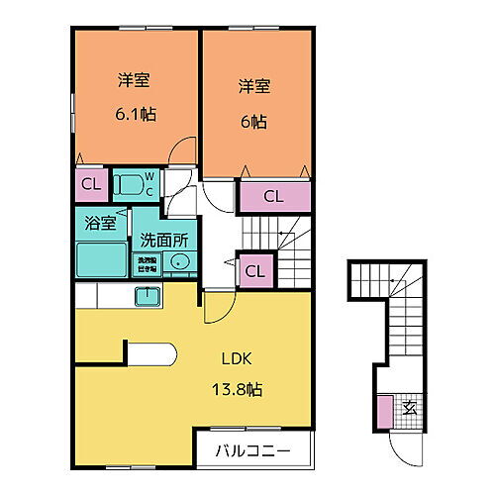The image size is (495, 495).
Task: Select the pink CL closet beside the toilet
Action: [x=89, y=183]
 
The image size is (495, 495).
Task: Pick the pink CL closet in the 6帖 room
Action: [x=272, y=196]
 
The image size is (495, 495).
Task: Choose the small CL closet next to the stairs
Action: [x=254, y=269]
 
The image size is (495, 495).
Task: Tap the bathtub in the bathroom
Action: [x=101, y=259]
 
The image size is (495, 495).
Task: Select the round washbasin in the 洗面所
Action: [x=178, y=262]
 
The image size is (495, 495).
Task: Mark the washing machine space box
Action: [x=145, y=264]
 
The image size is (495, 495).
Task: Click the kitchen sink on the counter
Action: [x=147, y=295]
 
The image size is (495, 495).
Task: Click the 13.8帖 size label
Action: [x=235, y=389]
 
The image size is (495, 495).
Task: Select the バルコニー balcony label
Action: [x=252, y=451]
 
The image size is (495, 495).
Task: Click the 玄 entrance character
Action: [x=408, y=408]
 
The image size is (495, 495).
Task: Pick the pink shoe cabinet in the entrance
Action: [x=384, y=409]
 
